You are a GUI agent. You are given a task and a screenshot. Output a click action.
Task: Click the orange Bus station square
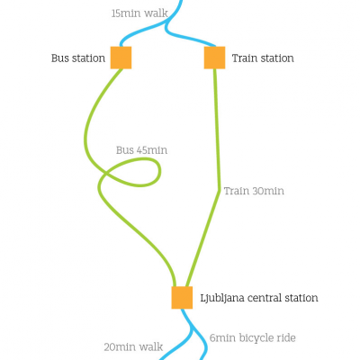coord(121,58)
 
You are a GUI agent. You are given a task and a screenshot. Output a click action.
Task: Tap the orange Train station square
coord(214,58)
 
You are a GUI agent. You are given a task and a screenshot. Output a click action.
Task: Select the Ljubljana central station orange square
coord(182,298)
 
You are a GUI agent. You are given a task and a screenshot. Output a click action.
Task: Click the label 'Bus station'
coord(78,58)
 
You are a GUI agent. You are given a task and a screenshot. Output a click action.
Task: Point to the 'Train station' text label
coord(263,58)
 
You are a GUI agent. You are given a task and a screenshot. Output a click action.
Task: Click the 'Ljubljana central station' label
coord(259,298)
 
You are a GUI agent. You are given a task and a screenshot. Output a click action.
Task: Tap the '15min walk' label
coord(139,13)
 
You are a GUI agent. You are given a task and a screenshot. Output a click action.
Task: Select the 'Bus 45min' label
coord(141,150)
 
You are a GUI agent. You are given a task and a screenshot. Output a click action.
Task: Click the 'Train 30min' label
coord(254,191)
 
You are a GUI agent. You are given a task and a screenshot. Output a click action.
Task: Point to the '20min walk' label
coord(133,347)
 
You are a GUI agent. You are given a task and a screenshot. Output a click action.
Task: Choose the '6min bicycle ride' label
coord(253,338)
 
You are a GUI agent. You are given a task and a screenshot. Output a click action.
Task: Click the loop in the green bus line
coord(159,172)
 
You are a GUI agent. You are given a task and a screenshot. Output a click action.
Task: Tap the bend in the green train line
coord(220,190)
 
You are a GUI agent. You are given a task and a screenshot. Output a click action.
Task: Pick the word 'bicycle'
coord(256,338)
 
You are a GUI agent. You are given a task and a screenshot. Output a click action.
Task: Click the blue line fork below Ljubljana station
coord(192,327)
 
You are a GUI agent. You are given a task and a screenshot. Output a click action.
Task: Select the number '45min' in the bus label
coord(152,150)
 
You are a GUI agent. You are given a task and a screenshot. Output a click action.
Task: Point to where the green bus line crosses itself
coord(105,174)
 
